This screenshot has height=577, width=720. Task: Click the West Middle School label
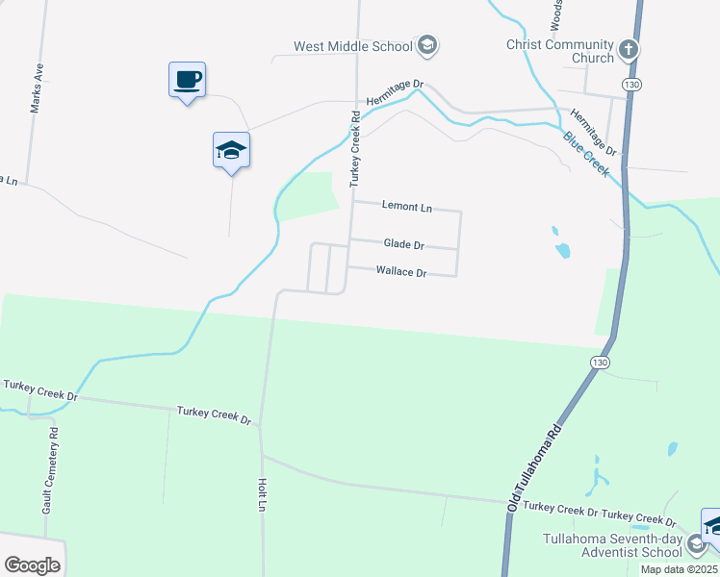point(353,46)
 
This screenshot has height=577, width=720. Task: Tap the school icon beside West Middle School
point(427,45)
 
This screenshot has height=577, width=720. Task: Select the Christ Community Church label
point(560,51)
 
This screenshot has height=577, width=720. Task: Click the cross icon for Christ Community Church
point(629,48)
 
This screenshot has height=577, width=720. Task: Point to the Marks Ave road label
point(37,88)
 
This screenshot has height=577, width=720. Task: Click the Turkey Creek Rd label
point(355,149)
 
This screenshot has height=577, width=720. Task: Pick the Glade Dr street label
point(404,245)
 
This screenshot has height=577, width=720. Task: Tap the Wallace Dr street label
point(400,272)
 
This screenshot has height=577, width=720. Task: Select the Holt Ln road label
point(261,495)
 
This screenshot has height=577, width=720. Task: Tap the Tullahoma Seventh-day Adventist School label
point(613,545)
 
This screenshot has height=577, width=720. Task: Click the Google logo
point(32,565)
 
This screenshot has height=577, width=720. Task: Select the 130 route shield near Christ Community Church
point(630,86)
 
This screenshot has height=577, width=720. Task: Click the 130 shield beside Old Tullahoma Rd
point(598,360)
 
